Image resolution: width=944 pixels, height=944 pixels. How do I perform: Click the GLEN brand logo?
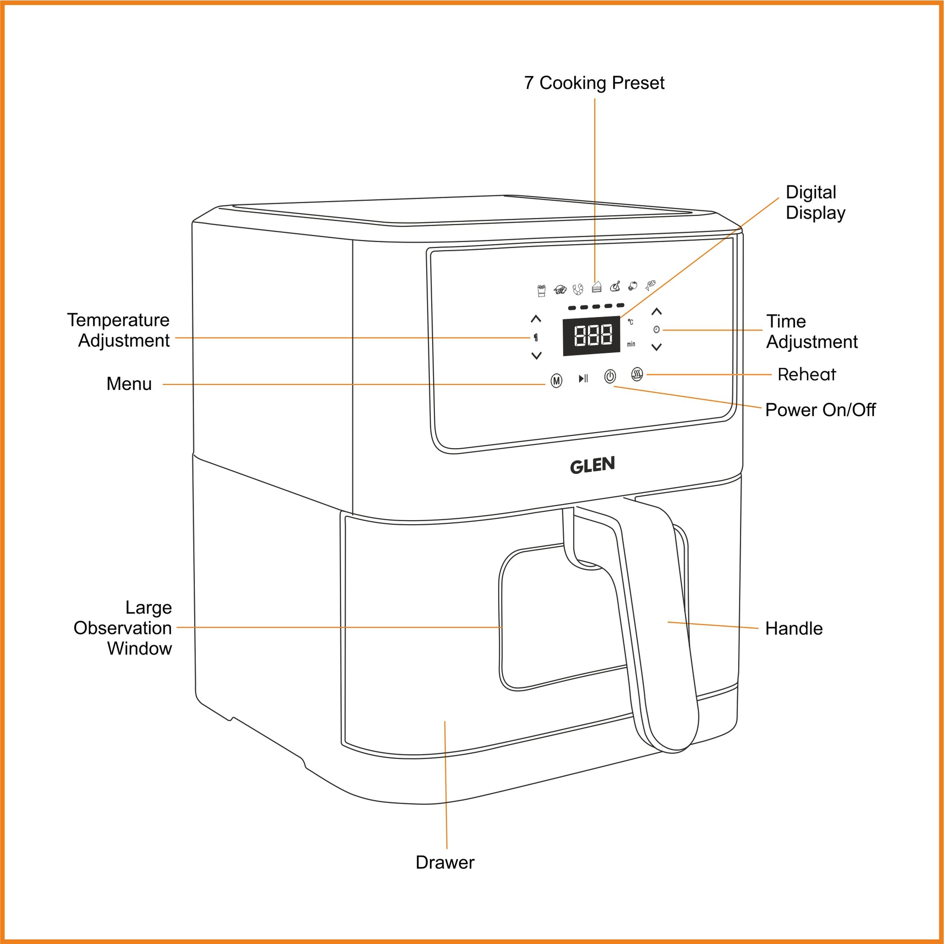pos(592,465)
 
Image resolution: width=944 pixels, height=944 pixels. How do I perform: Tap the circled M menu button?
pos(556,381)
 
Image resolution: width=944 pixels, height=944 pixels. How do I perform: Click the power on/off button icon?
pos(610,376)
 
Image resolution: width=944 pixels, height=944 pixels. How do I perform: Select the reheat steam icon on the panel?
pos(637,374)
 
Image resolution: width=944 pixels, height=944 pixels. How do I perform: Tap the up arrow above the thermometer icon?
pos(536,319)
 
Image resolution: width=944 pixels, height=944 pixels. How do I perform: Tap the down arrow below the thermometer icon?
pos(537,355)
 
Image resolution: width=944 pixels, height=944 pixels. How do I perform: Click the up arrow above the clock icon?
pos(657,311)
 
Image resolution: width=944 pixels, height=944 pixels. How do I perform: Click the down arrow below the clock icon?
pos(657,347)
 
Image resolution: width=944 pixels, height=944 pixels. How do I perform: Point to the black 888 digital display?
pos(592,336)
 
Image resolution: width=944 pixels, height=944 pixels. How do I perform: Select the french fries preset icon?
pos(541,291)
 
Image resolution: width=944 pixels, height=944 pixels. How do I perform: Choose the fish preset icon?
pos(650,285)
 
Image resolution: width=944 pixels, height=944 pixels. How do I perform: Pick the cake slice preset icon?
pos(596,287)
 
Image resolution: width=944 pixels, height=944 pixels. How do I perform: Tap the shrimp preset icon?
pos(578,289)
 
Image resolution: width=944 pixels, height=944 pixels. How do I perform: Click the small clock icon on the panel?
pos(656,329)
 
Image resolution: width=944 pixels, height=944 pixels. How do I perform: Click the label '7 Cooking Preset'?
pos(594,83)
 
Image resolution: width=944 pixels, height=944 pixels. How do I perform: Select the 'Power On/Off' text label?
pos(820,410)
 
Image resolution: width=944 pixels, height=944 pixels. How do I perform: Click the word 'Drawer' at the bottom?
pos(444,862)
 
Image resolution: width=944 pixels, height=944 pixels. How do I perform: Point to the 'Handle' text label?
pos(794,628)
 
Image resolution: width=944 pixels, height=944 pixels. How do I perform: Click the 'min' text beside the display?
pos(631,344)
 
